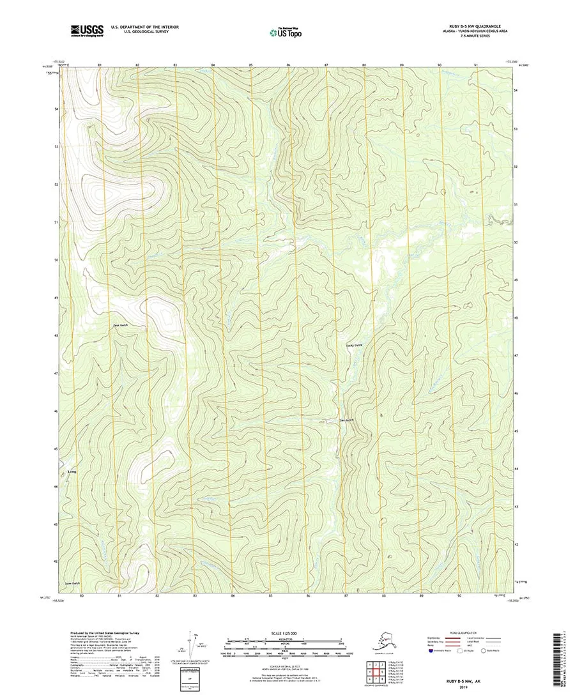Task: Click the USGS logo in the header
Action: pyautogui.click(x=88, y=29)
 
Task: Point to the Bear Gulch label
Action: pyautogui.click(x=120, y=325)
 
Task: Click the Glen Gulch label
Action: pyautogui.click(x=346, y=420)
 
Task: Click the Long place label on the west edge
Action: pyautogui.click(x=72, y=473)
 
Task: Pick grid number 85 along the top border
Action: pyautogui.click(x=251, y=66)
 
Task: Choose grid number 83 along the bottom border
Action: pyautogui.click(x=195, y=595)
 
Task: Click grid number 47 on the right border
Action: pyautogui.click(x=516, y=355)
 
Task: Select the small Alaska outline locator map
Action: pyautogui.click(x=383, y=643)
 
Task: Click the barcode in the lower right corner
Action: pyautogui.click(x=563, y=658)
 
